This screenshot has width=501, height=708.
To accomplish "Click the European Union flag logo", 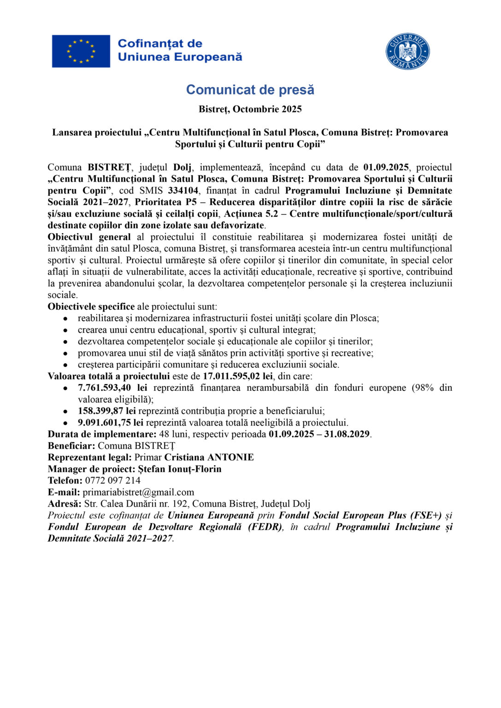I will pos(81,51).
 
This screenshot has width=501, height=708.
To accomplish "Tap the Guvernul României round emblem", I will pos(407,51).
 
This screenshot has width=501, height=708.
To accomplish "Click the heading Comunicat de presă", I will pos(250,89).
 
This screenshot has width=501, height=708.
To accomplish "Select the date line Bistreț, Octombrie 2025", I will pos(250,109).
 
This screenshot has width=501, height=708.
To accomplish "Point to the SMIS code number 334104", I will pos(183,191).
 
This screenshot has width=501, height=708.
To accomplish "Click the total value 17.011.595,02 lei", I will pos(238,376).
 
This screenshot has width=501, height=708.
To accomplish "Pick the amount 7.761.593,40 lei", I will pos(112,388).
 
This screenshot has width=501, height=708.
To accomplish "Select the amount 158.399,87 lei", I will pos(106,411).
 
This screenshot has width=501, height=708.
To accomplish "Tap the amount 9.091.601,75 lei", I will pos(111,423).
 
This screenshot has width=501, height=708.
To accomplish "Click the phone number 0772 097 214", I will pos(113,480).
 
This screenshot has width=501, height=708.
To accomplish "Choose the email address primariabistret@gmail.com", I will pos(138,492).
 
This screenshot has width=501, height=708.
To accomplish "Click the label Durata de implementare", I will pos(102,434).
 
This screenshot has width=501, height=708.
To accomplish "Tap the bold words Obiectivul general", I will pos(89,237).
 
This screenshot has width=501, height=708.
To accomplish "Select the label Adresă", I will pos(65,504).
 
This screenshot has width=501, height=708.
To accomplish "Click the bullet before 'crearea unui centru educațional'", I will pos(66,330).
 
